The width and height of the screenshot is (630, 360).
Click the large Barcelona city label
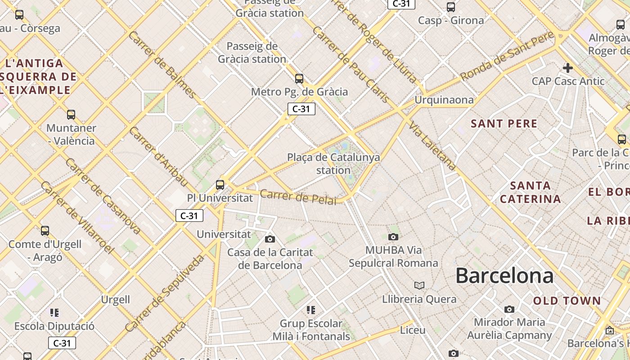pyautogui.click(x=504, y=275)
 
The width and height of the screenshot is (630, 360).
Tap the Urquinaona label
pyautogui.click(x=444, y=100)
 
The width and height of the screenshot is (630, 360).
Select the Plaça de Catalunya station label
pyautogui.click(x=333, y=164)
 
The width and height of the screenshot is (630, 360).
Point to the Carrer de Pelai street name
pyautogui.click(x=298, y=197)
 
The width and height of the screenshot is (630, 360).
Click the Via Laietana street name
pyautogui.click(x=433, y=145)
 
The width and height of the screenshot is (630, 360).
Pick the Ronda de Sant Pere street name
pyautogui.click(x=507, y=57)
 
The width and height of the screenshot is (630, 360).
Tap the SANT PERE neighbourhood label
pyautogui.click(x=504, y=124)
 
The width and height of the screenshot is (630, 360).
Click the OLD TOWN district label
pyautogui.click(x=567, y=301)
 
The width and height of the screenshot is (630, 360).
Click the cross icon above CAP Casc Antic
pyautogui.click(x=568, y=68)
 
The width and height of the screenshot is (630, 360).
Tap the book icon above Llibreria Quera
pyautogui.click(x=419, y=285)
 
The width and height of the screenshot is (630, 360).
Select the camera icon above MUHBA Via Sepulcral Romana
pyautogui.click(x=393, y=237)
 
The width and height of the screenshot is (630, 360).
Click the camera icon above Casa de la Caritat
pyautogui.click(x=270, y=239)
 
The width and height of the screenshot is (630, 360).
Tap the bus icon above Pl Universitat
pyautogui.click(x=220, y=184)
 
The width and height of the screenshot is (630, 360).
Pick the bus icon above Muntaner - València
pyautogui.click(x=71, y=115)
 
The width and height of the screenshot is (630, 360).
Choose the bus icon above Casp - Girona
pyautogui.click(x=451, y=7)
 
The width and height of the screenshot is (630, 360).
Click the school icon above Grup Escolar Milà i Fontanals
pyautogui.click(x=311, y=310)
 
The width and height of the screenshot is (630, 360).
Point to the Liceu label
pyautogui.click(x=413, y=330)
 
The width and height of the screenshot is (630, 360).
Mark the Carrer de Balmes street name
pyautogui.click(x=162, y=65)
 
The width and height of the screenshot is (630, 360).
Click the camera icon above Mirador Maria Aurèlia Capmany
pyautogui.click(x=509, y=309)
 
